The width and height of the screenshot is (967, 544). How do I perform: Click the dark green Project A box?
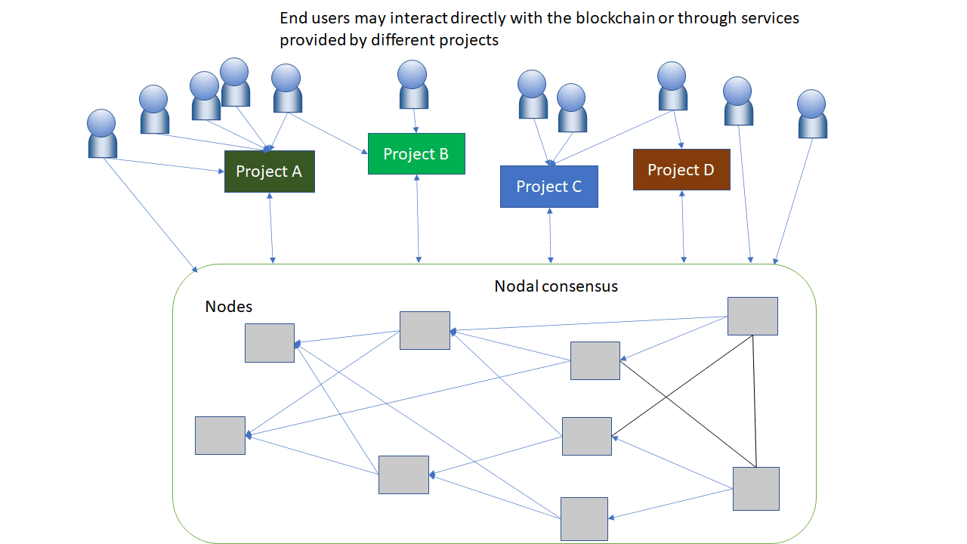269,172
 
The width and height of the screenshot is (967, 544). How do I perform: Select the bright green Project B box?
416,154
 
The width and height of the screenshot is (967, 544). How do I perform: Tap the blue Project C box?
548,187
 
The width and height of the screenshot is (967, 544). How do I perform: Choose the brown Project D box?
681,170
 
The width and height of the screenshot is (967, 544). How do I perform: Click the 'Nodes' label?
228,307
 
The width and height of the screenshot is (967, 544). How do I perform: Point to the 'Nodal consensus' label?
556,286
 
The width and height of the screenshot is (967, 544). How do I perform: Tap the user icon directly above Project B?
413,85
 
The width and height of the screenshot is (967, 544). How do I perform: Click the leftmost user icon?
102,134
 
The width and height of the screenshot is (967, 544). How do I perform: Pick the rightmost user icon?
812,114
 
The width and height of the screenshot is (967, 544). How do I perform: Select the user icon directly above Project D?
672,86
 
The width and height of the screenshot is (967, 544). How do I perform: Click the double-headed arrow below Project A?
271,227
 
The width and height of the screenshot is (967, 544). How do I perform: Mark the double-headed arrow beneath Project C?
550,236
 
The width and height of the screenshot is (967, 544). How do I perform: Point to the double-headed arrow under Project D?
684,227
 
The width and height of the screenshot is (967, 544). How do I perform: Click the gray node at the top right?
752,316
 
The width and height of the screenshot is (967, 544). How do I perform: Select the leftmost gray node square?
220,435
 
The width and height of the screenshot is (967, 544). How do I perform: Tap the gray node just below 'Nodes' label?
270,343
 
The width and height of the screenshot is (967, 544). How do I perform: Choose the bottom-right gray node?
755,488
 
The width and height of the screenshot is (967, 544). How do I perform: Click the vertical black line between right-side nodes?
755,400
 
